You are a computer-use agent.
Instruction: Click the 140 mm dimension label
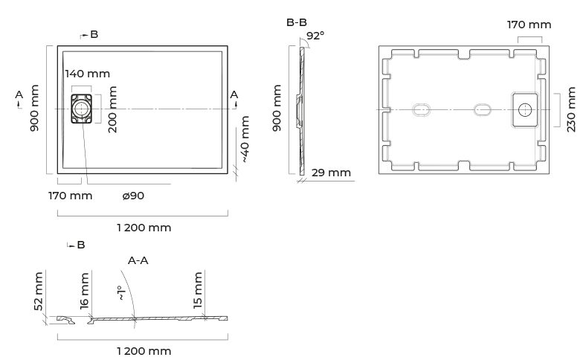pos(88,74)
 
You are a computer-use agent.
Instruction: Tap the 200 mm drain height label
pos(112,109)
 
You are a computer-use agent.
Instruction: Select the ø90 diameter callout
pos(133,196)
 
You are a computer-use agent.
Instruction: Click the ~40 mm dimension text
pos(245,139)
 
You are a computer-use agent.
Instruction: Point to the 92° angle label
pos(315,36)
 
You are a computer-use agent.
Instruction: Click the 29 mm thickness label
pos(331,173)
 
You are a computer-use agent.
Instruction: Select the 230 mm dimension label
pos(571,109)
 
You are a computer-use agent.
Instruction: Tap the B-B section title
pos(296,22)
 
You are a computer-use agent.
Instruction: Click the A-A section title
pos(138,260)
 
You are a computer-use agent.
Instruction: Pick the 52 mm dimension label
pos(39,292)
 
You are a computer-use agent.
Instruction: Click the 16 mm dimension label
pos(85,291)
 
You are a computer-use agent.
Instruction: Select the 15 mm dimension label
pos(198,290)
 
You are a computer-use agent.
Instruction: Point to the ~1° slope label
pos(120,293)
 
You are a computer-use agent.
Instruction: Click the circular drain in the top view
pos(81,109)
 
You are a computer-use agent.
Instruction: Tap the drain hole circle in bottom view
pos(525,110)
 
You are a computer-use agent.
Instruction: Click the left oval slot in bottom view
pos(422,110)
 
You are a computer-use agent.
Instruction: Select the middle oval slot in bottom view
pos(482,110)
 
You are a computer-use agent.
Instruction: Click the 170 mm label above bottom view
pos(529,25)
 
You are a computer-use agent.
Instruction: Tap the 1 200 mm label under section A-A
pos(144,351)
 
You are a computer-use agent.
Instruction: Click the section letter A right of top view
pos(233,95)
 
